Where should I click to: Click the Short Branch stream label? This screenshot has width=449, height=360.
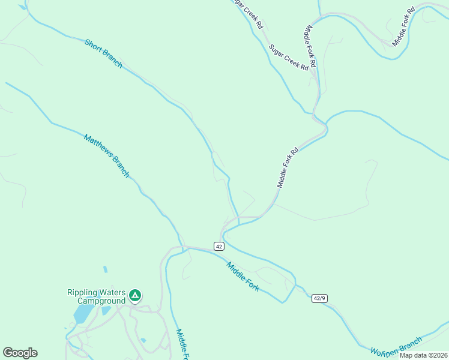tap(103, 54)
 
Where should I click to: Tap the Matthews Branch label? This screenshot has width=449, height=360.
tap(106, 155)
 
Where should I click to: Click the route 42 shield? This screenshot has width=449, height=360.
tap(218, 247)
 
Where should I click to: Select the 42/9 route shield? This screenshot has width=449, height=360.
tap(319, 298)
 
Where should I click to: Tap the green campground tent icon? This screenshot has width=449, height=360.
tap(136, 295)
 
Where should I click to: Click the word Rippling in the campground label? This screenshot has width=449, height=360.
tap(82, 293)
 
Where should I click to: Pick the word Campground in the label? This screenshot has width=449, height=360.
tap(101, 301)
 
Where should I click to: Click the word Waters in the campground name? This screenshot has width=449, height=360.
tap(113, 293)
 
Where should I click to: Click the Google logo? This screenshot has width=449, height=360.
tap(20, 353)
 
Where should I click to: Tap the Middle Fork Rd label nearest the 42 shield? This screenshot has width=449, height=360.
tap(288, 168)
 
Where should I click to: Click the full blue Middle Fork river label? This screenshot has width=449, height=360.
tap(243, 277)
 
